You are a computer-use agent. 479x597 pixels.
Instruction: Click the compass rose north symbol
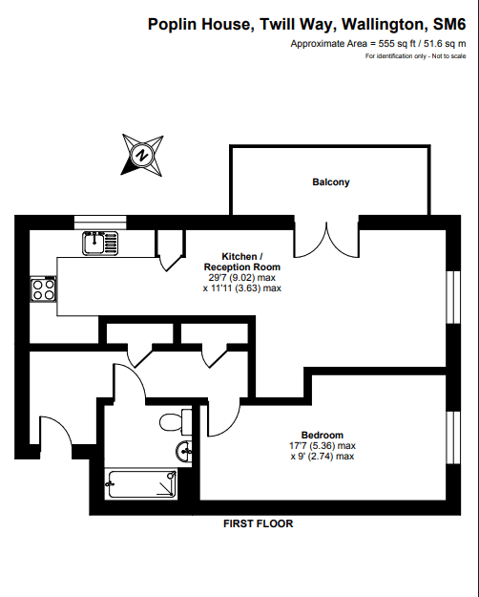coord(142,155)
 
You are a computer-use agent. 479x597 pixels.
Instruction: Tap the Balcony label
coord(330,182)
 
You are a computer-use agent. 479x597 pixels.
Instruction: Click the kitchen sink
coord(100,243)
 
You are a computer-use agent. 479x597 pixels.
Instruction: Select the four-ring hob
coord(43,289)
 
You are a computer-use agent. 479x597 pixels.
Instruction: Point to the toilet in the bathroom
coord(176,422)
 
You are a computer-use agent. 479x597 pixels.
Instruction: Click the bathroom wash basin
coord(184,452)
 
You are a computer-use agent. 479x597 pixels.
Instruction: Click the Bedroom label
coord(323,435)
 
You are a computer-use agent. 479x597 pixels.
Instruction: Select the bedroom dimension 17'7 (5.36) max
coord(323,445)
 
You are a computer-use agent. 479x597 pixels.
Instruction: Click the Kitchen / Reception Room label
coord(242,262)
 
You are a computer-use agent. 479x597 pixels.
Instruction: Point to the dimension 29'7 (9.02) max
coord(242,278)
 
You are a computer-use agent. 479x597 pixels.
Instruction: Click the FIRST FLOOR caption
coord(258,523)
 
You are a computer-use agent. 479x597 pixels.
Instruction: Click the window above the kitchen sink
coord(100,223)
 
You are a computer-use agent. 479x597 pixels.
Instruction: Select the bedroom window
coord(452,437)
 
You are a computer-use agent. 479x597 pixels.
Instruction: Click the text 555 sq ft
coord(397,44)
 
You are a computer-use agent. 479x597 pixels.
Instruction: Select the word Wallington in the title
coord(383,24)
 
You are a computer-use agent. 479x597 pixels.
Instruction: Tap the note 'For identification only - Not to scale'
coord(415,56)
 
